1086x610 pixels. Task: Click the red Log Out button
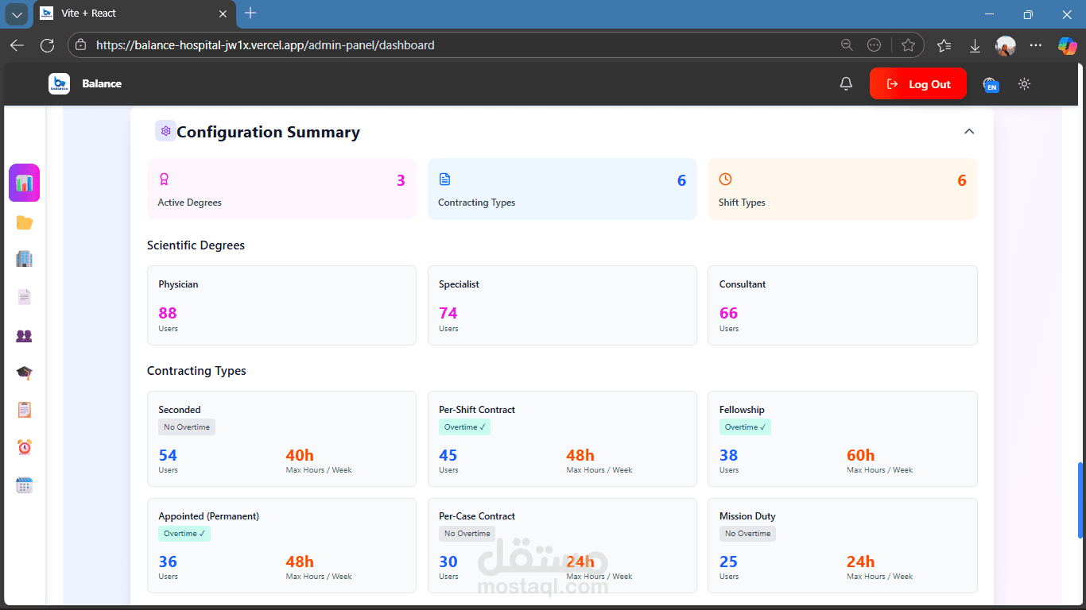coord(917,84)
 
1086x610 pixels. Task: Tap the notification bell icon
coord(846,84)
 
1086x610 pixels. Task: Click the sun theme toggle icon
coord(1024,84)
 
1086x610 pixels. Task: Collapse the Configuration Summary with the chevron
coord(968,132)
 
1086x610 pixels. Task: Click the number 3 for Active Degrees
coord(401,181)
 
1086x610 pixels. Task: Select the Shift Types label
coord(742,203)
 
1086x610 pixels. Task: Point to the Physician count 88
coord(168,313)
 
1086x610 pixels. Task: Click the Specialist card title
coord(459,284)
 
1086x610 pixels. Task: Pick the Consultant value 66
coord(728,313)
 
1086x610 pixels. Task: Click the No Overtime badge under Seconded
coord(187,427)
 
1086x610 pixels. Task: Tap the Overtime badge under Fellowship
coord(745,427)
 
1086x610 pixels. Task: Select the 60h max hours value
coord(860,455)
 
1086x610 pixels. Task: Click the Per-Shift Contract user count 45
coord(448,455)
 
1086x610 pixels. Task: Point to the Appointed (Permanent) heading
coord(208,516)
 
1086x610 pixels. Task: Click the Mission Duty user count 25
coord(728,562)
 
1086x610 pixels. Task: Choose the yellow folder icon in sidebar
coord(25,222)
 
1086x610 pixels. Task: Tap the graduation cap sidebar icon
coord(25,373)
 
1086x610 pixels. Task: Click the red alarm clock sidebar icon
coord(25,448)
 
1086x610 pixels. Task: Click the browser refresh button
coord(47,45)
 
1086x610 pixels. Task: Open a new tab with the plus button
coord(250,13)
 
